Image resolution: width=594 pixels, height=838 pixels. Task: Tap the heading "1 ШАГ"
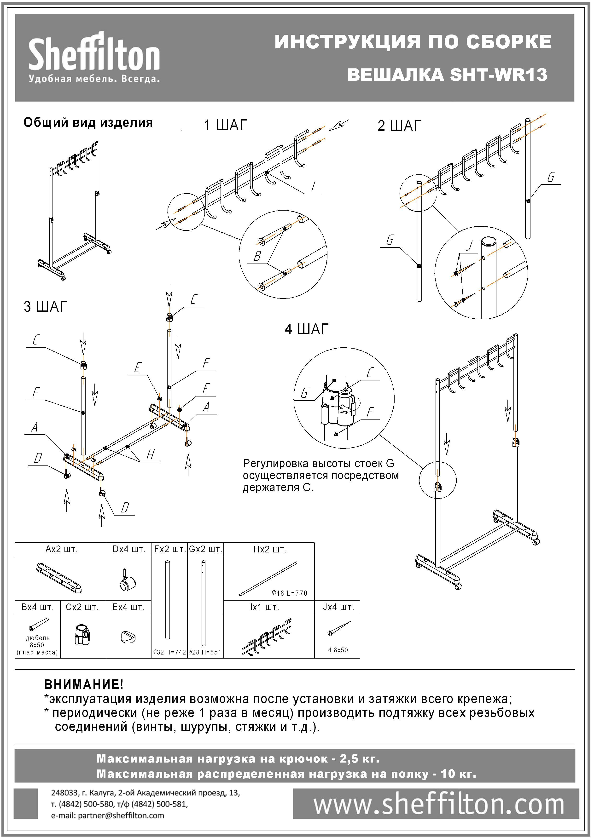[225, 125]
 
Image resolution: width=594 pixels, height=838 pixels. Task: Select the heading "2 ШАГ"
[399, 126]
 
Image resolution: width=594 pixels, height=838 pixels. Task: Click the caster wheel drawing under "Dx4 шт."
[128, 581]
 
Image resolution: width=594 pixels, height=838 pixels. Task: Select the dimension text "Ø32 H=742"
[169, 652]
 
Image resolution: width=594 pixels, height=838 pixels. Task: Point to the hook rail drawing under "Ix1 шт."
[267, 636]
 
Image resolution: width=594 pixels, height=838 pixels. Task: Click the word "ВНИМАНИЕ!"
[84, 684]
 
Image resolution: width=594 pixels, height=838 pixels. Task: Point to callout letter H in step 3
[150, 455]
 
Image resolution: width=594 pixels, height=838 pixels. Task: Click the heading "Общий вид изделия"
[88, 122]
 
